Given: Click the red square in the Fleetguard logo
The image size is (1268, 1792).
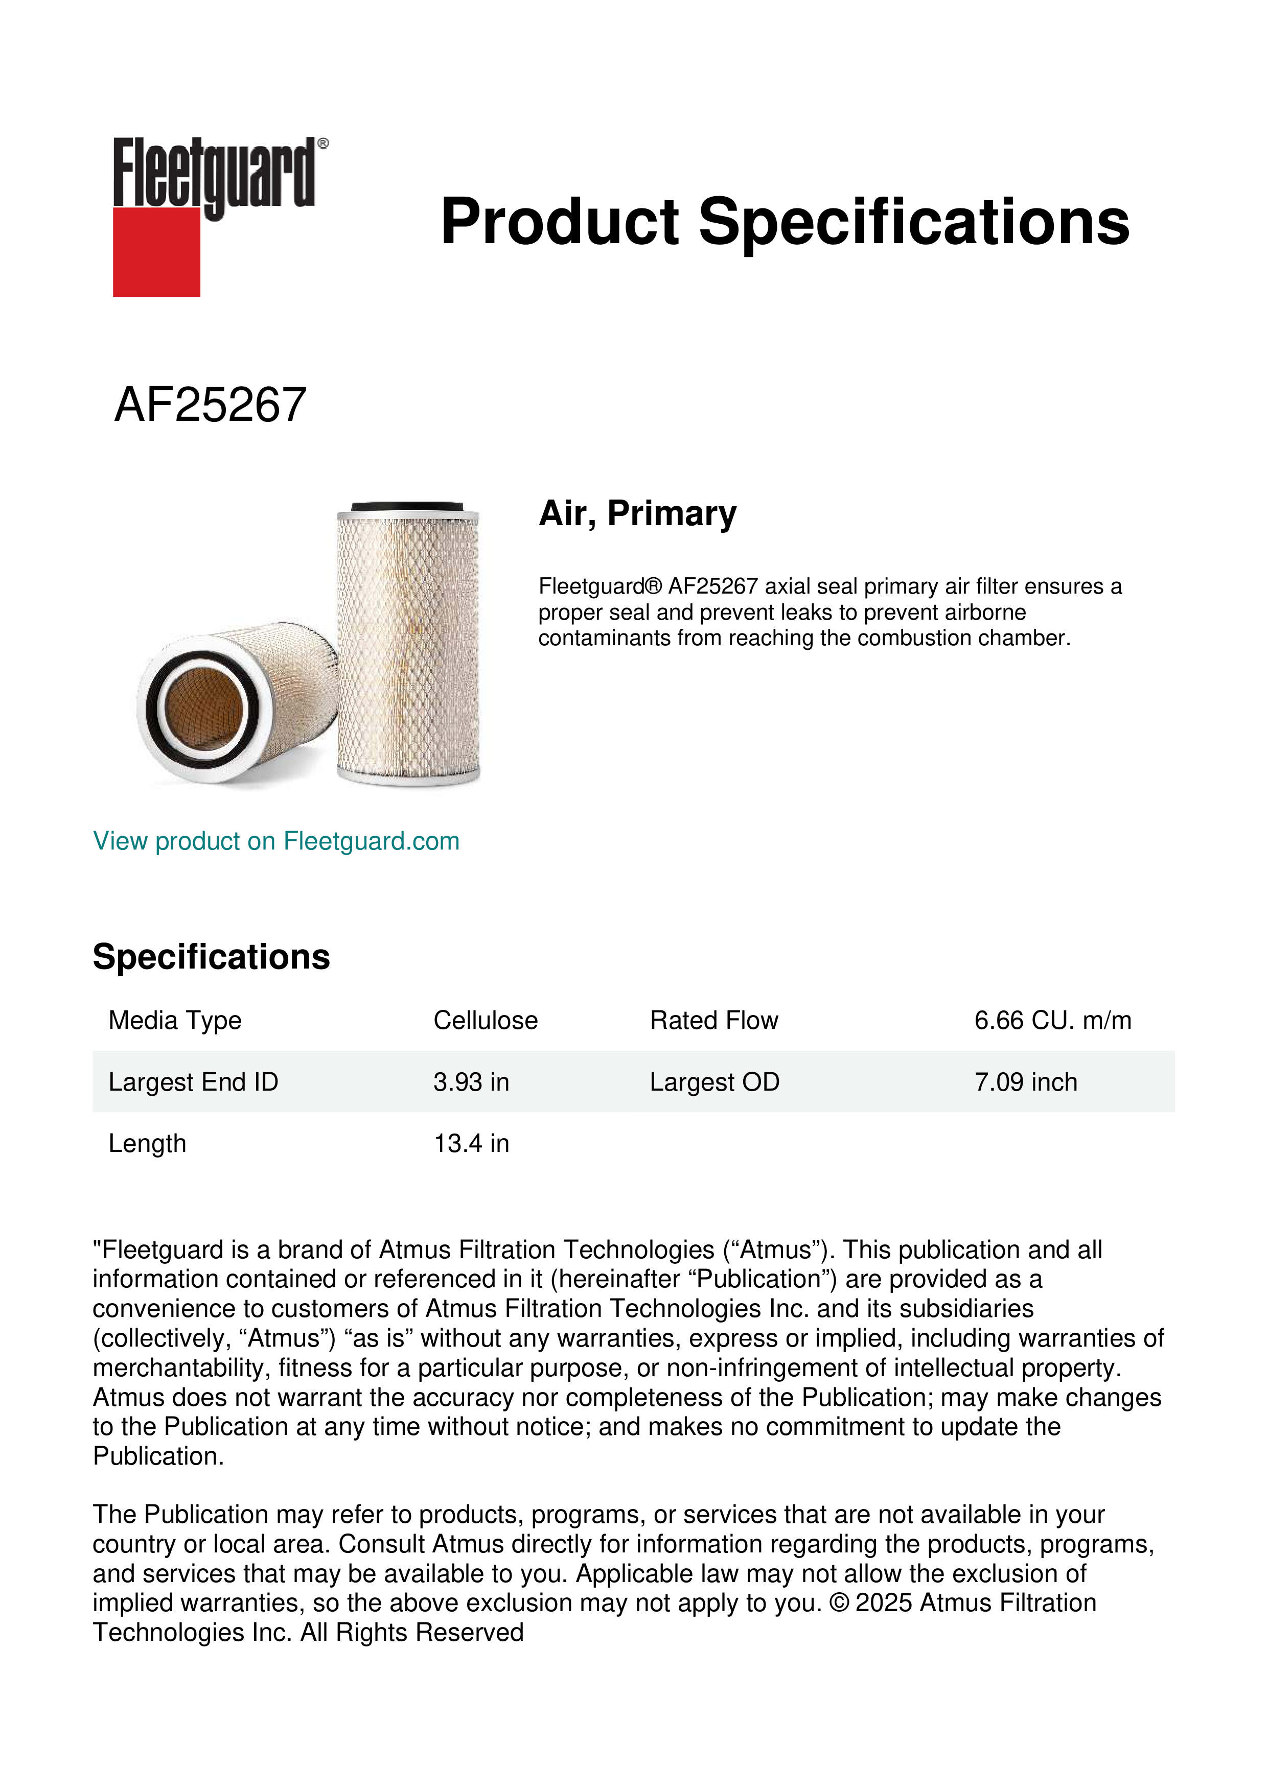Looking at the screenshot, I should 156,251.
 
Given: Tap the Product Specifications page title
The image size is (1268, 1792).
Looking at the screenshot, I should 784,222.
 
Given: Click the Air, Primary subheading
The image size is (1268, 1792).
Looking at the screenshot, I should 637,513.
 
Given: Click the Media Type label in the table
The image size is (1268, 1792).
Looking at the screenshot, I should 175,1020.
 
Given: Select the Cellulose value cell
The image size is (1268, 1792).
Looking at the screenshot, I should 485,1020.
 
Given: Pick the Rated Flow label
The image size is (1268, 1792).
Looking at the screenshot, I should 713,1020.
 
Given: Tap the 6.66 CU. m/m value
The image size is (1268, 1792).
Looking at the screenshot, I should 1052,1020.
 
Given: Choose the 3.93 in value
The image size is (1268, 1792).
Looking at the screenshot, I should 471,1082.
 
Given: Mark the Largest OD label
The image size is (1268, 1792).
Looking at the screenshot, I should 714,1082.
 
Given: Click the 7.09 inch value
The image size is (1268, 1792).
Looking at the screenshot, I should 1025,1082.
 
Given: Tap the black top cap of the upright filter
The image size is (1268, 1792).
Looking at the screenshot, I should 407,507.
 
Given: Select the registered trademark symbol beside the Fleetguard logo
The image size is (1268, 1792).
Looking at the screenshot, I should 323,144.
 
